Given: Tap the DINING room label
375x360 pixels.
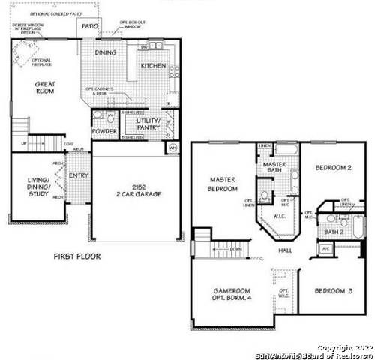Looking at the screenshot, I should point(105,53).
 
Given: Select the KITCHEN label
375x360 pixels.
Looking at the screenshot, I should point(154,66).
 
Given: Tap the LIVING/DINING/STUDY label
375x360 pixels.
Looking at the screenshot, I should point(38,187).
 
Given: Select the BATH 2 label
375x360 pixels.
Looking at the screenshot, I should point(334,233).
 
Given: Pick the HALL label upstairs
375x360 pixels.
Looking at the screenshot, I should point(285,250).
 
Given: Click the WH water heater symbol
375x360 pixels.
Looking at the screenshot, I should point(172,148).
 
